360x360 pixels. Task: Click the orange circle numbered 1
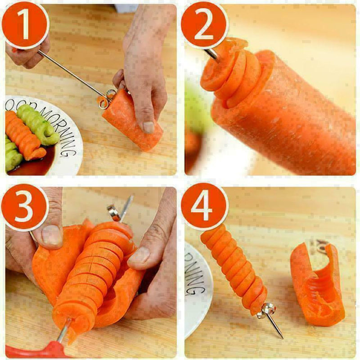[x=26, y=25]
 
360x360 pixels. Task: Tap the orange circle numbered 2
[x=203, y=26]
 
